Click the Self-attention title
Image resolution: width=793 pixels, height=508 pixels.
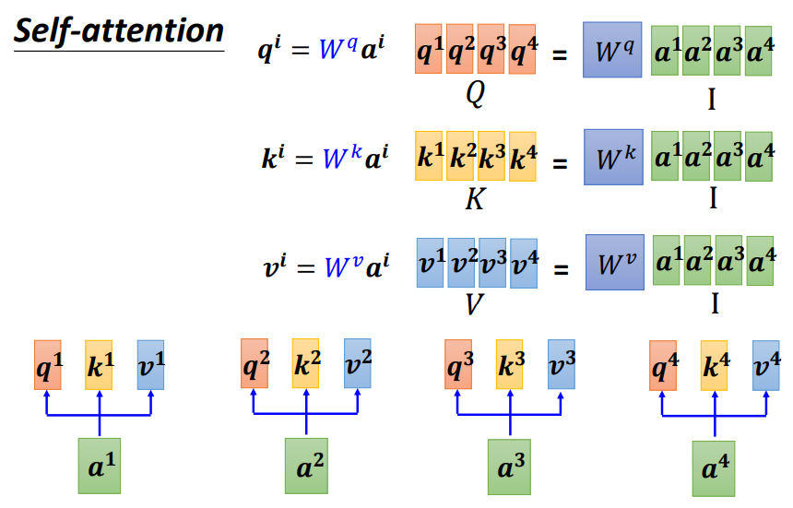[119, 31]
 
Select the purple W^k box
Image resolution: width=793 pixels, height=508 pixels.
[613, 157]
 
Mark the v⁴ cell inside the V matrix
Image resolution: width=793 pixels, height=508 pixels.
[523, 264]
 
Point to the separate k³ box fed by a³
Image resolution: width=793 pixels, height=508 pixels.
[509, 364]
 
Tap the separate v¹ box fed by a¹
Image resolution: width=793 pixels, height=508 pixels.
[150, 364]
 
